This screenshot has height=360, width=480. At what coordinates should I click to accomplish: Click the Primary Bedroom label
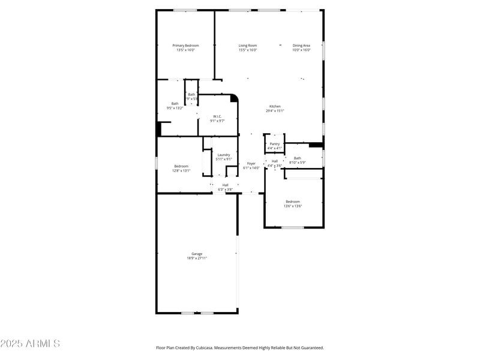coord(185,46)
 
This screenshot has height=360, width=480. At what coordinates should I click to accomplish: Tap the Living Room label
coord(248,46)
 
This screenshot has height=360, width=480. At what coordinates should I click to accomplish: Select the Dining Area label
coord(301,46)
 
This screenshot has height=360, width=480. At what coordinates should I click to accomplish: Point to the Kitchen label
coord(275,106)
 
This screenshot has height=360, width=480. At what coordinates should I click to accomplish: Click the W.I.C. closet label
coord(217,116)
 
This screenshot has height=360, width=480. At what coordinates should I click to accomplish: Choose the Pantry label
coord(274,144)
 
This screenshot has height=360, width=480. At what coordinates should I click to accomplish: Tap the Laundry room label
coord(224,155)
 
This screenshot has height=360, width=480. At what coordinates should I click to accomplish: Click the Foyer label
coord(251,163)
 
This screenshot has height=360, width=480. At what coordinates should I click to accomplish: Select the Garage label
coord(197,254)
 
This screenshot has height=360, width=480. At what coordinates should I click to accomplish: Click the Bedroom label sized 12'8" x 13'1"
coord(181,166)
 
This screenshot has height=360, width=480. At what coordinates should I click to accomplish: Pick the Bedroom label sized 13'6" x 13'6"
coord(292,202)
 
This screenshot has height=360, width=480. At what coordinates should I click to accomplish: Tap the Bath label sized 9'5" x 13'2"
coord(175,104)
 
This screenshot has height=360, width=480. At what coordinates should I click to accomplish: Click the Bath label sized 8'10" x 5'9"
coord(298,158)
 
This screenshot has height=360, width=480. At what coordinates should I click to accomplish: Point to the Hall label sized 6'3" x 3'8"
coord(225,185)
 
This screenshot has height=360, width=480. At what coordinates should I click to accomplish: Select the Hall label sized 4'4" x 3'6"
coord(274,161)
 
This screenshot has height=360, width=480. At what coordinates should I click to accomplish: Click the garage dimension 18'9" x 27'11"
coord(197,258)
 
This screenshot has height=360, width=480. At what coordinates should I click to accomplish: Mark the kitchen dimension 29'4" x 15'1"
coord(275,110)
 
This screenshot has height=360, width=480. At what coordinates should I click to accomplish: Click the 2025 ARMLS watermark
coord(30,344)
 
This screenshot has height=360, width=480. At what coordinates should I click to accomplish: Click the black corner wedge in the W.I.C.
coord(234,98)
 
